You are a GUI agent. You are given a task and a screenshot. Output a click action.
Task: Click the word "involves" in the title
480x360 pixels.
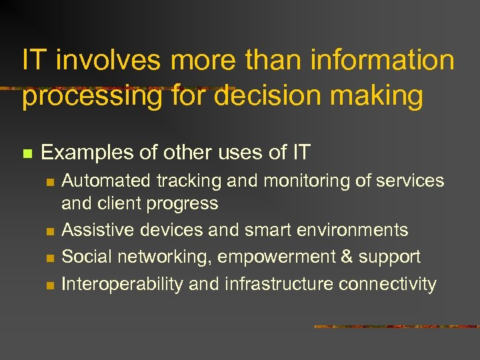click(x=109, y=61)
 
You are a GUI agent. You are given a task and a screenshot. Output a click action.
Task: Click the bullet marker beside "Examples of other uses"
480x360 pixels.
click(x=27, y=153)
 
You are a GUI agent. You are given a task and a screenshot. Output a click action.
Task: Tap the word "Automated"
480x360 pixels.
click(x=107, y=181)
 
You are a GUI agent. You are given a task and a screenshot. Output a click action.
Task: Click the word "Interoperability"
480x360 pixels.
click(x=122, y=285)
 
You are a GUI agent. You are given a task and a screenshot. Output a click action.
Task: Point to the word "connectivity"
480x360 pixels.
click(x=387, y=285)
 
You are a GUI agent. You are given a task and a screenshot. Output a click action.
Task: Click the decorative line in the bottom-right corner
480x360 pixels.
click(x=396, y=327)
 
